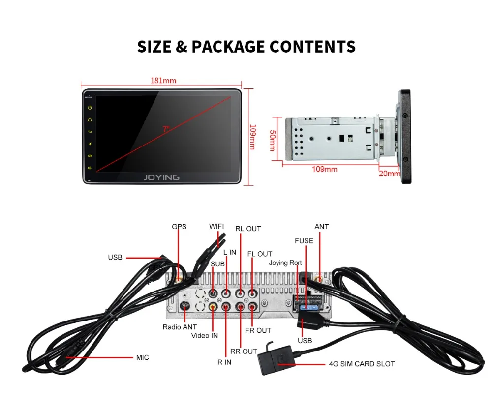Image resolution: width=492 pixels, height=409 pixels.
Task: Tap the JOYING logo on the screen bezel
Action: (161, 177)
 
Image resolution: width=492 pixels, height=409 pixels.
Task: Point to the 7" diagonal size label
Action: (166, 129)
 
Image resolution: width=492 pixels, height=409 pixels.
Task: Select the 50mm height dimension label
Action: (272, 141)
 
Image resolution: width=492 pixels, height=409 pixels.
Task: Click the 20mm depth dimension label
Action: (390, 173)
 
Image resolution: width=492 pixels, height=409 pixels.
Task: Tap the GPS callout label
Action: (179, 227)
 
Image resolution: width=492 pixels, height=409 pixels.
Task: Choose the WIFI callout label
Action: (216, 226)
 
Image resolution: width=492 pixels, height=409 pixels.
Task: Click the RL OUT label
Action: (248, 229)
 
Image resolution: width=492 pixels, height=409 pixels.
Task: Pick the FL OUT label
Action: (260, 254)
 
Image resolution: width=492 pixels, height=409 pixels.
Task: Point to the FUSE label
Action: (304, 241)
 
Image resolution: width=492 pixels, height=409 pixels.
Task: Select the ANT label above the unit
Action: (321, 227)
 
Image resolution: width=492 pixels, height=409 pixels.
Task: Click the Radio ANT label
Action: (180, 327)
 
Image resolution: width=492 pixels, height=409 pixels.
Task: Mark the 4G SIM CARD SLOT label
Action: (361, 364)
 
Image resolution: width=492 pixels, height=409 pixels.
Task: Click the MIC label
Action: (142, 357)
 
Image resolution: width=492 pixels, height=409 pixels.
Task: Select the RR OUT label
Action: (244, 351)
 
